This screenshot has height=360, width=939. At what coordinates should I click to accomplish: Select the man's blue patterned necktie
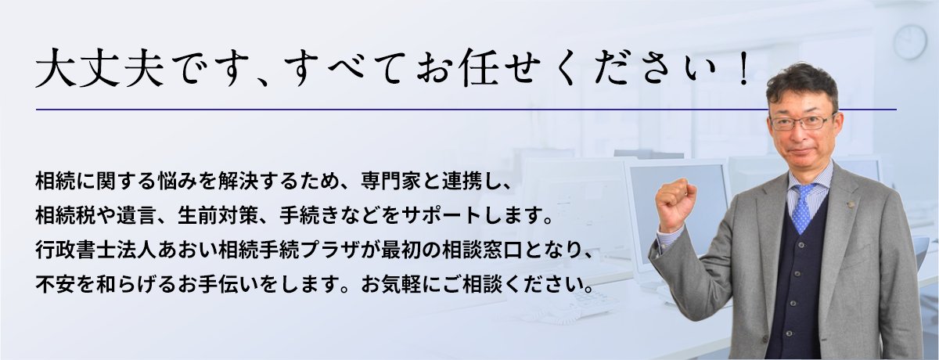pyautogui.click(x=801, y=207)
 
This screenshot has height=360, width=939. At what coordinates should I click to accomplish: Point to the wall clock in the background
pyautogui.click(x=909, y=41)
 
